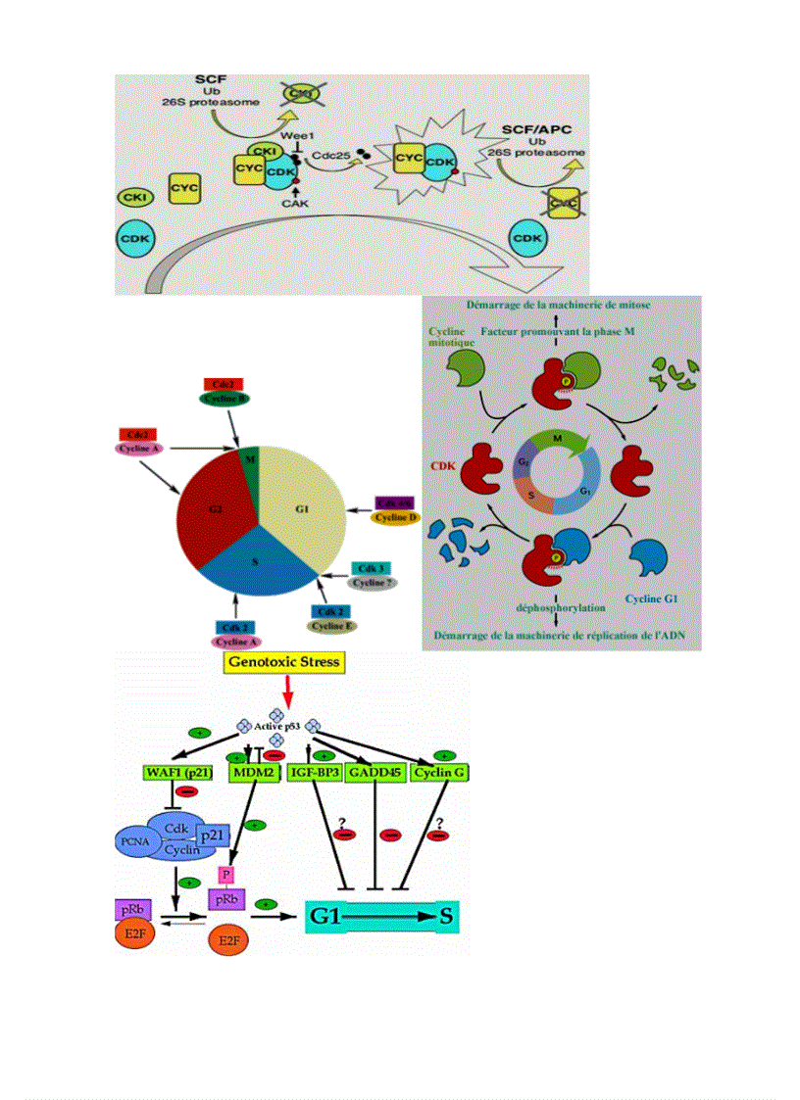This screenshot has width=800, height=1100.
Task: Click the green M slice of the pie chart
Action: tap(249, 461)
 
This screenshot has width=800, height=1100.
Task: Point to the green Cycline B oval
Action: tap(224, 398)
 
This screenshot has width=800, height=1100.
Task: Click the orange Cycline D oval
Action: tap(397, 517)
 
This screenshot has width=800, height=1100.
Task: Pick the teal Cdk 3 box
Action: tap(370, 568)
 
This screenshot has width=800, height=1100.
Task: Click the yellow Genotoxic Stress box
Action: tap(283, 662)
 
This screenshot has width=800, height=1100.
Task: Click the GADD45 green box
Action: tap(375, 773)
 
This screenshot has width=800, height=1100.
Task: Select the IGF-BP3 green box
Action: tap(314, 773)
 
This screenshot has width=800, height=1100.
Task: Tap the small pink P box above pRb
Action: tap(226, 873)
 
